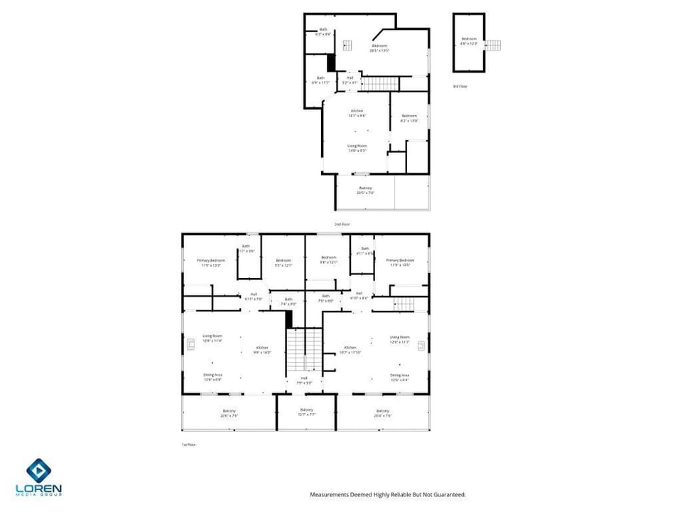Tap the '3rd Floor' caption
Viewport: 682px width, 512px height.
click(x=460, y=86)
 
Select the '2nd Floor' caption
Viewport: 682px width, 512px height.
click(x=342, y=224)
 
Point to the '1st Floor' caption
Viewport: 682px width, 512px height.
click(x=188, y=444)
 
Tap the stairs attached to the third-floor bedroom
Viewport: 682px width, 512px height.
click(x=493, y=45)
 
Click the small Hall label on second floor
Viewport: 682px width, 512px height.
click(x=350, y=80)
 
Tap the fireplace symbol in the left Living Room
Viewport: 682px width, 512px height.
click(x=190, y=346)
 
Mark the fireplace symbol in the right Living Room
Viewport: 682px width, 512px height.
click(x=421, y=346)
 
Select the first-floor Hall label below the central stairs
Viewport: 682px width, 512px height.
click(x=304, y=380)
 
